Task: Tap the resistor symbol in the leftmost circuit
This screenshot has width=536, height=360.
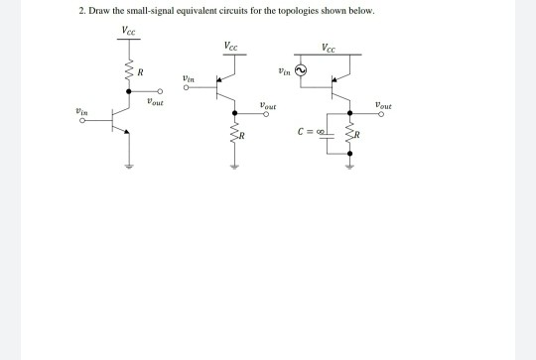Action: (127, 72)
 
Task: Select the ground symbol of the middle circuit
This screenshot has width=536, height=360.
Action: (234, 167)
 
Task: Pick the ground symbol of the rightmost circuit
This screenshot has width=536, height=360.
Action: (348, 167)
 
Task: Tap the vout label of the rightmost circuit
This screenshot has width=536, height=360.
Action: (382, 103)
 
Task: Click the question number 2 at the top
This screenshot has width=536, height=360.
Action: (80, 10)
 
